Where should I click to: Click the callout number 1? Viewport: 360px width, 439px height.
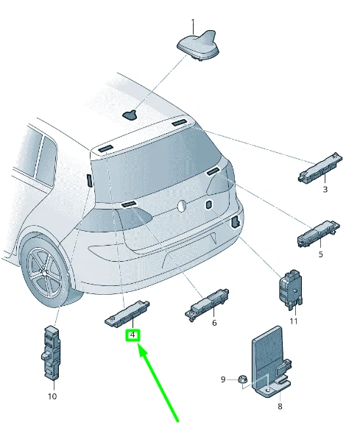(193, 22)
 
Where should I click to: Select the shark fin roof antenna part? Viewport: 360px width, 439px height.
(198, 45)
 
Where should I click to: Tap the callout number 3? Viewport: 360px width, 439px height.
(325, 190)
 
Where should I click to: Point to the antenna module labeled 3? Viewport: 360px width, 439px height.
(320, 168)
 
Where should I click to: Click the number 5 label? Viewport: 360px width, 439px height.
(321, 254)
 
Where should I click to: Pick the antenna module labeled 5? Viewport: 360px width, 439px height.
(319, 234)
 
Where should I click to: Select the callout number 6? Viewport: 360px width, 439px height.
(214, 323)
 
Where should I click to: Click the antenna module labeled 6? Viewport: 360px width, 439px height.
(207, 304)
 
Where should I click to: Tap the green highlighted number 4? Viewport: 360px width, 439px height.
(133, 335)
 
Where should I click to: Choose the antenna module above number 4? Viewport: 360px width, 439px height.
(127, 313)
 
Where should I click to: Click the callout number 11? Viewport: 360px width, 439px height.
(294, 321)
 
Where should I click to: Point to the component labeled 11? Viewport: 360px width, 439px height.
(290, 290)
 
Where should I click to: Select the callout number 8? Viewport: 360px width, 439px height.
(280, 406)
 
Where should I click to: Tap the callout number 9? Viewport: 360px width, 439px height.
(223, 379)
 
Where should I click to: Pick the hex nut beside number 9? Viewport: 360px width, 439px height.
(242, 380)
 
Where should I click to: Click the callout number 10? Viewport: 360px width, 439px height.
(52, 396)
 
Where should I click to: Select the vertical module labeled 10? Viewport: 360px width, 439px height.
(51, 353)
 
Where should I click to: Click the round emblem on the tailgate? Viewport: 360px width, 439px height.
(183, 206)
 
